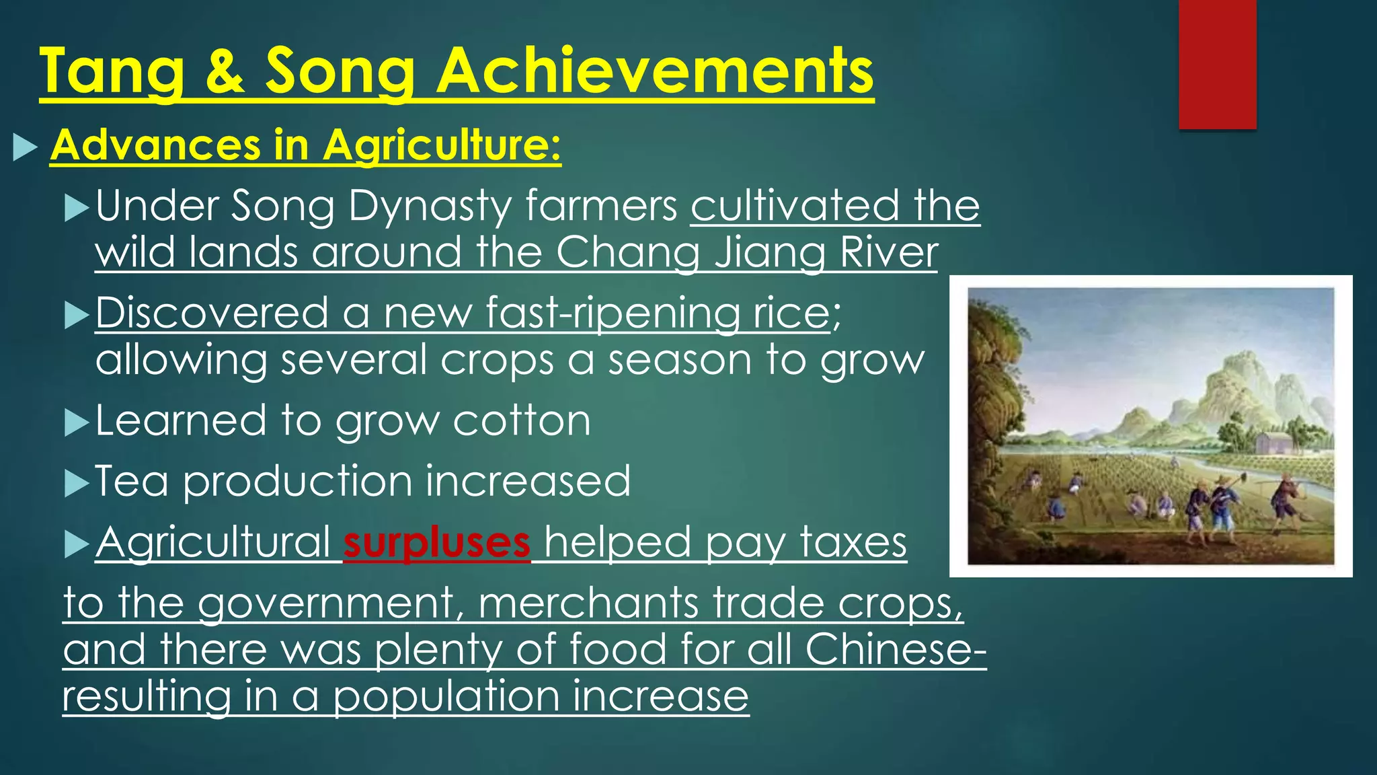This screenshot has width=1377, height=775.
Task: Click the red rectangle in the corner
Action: (x=1217, y=64)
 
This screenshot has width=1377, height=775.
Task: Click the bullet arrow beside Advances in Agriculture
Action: (x=25, y=146)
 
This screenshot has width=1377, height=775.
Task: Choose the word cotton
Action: (x=522, y=421)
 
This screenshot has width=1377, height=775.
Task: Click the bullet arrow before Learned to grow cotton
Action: (x=77, y=424)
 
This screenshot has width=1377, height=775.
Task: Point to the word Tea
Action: (x=132, y=481)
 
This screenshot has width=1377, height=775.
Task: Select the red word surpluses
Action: (x=436, y=542)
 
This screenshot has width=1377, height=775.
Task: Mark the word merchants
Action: (x=588, y=602)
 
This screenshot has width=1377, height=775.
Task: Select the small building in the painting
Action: (x=1272, y=443)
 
